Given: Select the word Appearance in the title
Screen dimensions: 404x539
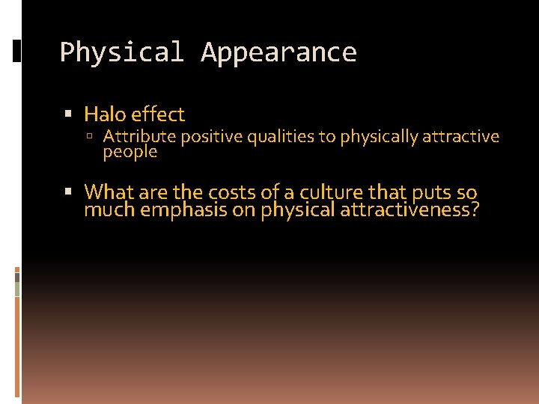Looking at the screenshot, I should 278,52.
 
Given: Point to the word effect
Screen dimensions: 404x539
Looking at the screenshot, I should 157,114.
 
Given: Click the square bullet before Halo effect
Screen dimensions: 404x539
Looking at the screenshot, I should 69,114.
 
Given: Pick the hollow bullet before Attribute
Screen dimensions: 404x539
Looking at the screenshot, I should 91,137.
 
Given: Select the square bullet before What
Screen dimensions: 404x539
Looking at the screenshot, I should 69,192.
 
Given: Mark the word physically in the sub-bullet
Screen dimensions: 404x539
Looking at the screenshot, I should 378,137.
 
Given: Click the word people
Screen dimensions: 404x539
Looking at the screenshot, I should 130,152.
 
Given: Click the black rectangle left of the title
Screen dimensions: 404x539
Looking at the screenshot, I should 17,52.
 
